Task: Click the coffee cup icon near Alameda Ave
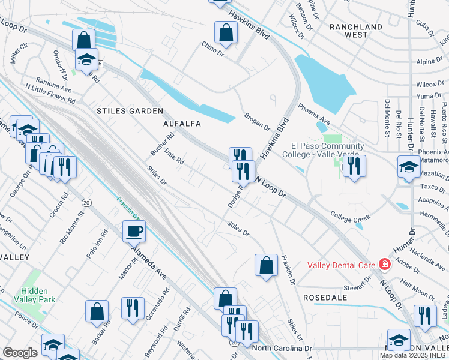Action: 134,230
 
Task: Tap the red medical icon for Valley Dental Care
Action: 384,265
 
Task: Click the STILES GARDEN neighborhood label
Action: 130,112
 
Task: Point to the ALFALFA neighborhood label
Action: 181,124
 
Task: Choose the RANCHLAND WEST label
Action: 356,31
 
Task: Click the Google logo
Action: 20,353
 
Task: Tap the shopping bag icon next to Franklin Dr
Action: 266,265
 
